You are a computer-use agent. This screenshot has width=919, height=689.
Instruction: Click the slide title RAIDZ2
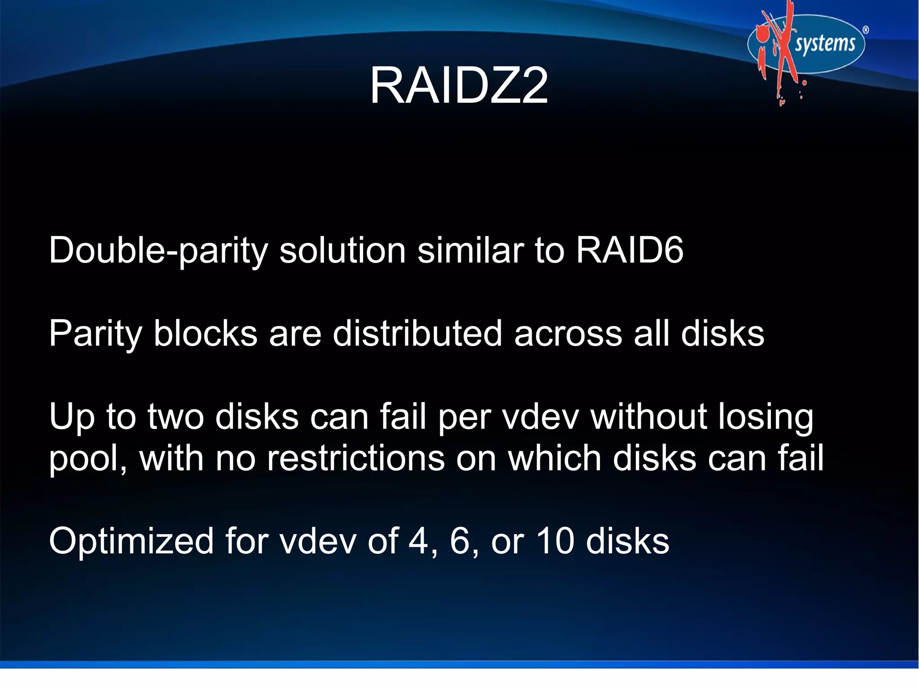[459, 86]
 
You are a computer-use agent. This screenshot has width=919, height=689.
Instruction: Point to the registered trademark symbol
[866, 30]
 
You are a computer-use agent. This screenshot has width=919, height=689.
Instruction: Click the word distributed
[417, 333]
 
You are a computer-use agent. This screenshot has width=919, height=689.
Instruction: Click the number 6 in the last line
[459, 541]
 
